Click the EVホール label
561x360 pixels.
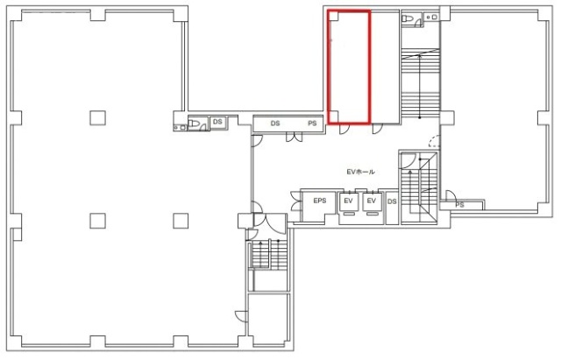tap(360, 172)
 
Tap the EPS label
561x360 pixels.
tap(319, 201)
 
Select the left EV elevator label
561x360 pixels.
tap(349, 201)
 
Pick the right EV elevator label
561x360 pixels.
tap(372, 201)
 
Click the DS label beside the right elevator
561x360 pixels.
tap(392, 201)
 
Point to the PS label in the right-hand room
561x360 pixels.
tap(459, 205)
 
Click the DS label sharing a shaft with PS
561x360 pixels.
tap(275, 124)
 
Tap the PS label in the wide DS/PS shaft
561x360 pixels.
tap(312, 124)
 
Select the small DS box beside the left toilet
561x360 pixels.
tap(217, 123)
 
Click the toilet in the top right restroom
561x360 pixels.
tap(408, 18)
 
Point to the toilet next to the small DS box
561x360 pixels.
tap(194, 124)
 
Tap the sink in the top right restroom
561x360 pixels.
tap(430, 17)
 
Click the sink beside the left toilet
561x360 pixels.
tap(180, 127)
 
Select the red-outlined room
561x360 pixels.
tap(349, 67)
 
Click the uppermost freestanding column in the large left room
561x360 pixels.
tap(97, 117)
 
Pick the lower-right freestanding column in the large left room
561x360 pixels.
tap(181, 221)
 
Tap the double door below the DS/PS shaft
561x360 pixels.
tap(295, 138)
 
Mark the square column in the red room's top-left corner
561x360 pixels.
tap(333, 16)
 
